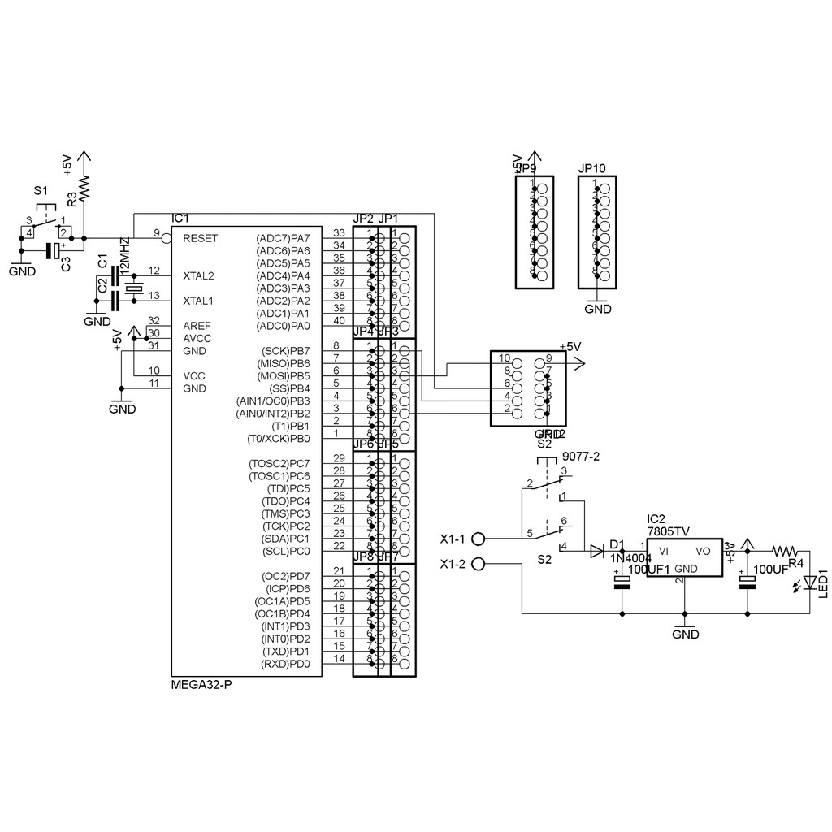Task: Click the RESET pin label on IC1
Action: tap(200, 238)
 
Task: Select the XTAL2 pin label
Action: tap(199, 275)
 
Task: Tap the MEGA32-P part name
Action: tap(201, 686)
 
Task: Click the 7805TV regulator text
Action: tap(668, 531)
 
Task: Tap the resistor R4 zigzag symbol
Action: tap(786, 550)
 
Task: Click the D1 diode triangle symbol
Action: tap(597, 551)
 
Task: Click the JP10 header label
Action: tap(592, 168)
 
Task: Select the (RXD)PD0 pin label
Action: tap(285, 665)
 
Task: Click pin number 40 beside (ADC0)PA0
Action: tap(340, 320)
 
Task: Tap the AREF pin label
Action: tap(197, 326)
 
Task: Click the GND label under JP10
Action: tap(598, 309)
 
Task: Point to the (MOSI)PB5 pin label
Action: tap(284, 376)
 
